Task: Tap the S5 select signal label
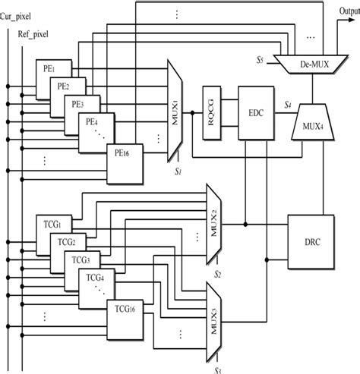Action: [x=262, y=60]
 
